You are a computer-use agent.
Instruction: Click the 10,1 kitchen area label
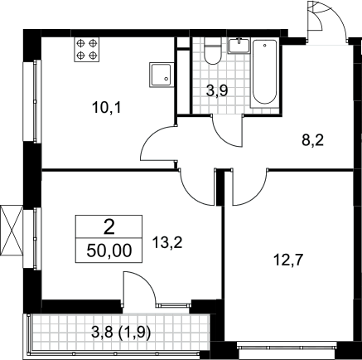coord(107,108)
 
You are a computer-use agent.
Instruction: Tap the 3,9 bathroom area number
coord(217,91)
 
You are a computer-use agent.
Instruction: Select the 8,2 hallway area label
coord(312,141)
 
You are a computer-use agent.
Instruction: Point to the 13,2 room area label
coord(167,243)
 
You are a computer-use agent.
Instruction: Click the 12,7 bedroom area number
coord(289,260)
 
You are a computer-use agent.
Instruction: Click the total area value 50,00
coord(109,251)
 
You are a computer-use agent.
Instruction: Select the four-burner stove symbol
coord(86,49)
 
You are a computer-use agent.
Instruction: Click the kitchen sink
coord(162,75)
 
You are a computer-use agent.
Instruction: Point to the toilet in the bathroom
coord(213,51)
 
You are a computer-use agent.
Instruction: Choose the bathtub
coord(264,73)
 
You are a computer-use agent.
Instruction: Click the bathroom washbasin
coord(239,46)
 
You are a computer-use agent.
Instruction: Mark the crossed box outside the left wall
coord(12,230)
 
